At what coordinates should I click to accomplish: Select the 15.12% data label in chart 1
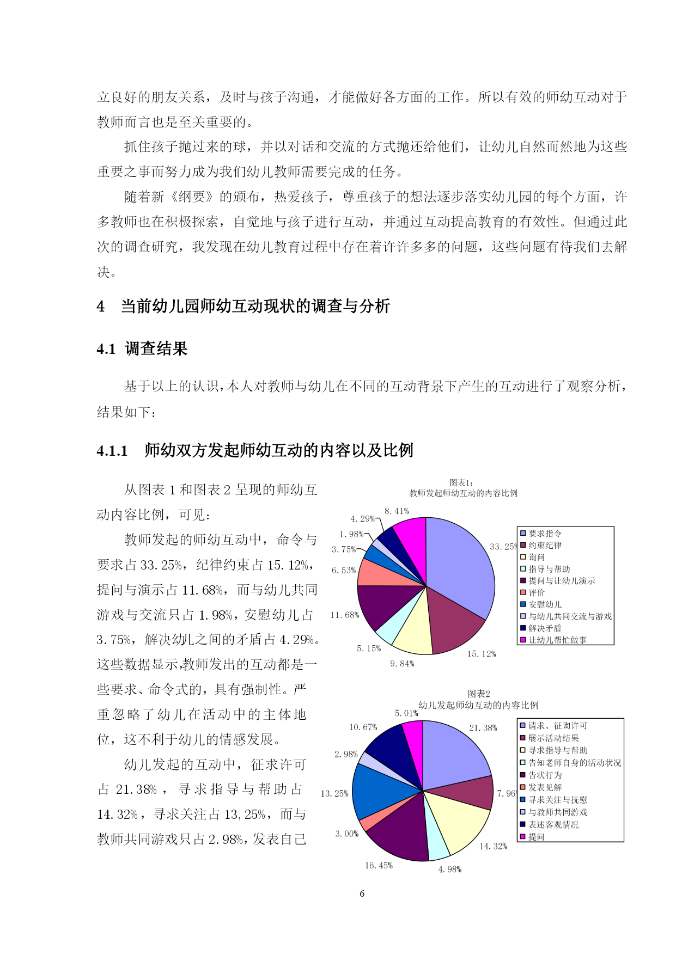[481, 654]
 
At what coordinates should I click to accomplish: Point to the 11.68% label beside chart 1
[345, 615]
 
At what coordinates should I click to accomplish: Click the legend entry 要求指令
[545, 534]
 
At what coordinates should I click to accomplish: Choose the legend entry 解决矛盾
[545, 628]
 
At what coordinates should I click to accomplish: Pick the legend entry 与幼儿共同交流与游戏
[570, 616]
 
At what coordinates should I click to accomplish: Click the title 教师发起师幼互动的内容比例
[464, 493]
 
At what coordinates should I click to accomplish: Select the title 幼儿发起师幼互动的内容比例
[478, 705]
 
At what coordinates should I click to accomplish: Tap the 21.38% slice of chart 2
[455, 754]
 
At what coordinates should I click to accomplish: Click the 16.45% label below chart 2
[379, 865]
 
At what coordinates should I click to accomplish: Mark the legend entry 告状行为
[545, 775]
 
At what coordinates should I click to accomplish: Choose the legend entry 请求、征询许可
[558, 726]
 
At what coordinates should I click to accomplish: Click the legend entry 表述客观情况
[553, 824]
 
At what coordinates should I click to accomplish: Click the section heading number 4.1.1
[112, 451]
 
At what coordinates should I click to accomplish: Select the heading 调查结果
[156, 348]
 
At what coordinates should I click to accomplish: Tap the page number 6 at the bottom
[362, 893]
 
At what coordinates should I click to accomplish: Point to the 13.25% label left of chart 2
[334, 793]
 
